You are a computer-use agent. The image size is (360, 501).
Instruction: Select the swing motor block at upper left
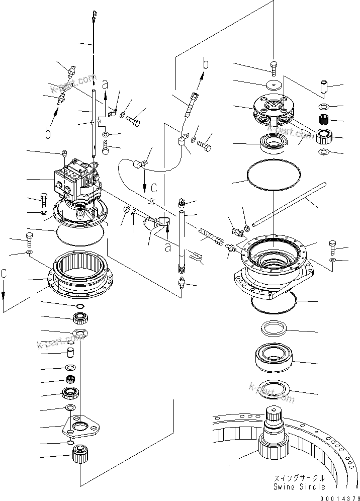75,181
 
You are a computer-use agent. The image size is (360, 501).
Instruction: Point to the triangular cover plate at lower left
81,427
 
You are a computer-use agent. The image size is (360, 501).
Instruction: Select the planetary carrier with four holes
274,111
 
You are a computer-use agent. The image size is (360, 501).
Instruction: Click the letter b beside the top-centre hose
205,64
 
